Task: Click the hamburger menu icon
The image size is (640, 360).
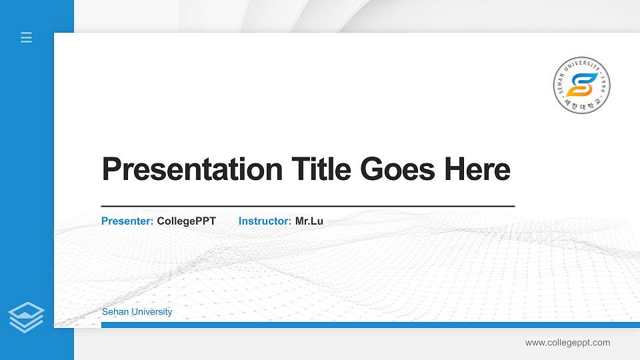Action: (26, 37)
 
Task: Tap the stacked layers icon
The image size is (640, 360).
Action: (26, 317)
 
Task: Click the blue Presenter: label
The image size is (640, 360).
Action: (127, 221)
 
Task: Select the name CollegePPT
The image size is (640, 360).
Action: (186, 221)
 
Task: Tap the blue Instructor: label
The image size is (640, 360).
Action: (265, 221)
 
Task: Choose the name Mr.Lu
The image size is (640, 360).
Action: (309, 221)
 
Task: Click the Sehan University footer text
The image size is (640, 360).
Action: (137, 312)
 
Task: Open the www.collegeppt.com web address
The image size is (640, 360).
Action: (567, 343)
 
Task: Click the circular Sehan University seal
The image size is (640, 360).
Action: (582, 85)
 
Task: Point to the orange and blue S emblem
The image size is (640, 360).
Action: (582, 85)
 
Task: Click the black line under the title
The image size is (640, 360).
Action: (307, 207)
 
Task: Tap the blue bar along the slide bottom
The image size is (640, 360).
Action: (370, 325)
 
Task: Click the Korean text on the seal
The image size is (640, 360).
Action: (582, 105)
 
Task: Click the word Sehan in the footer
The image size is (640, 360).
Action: (113, 312)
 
